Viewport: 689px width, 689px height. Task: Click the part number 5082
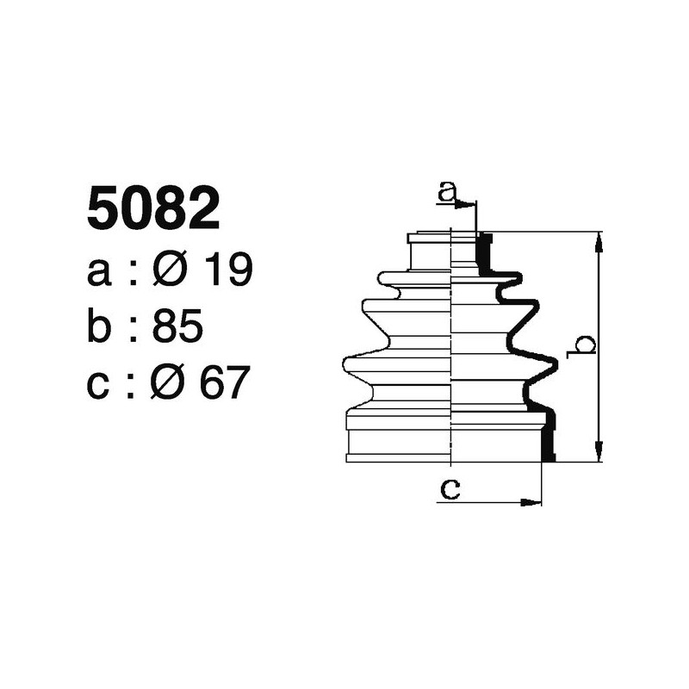pyautogui.click(x=153, y=210)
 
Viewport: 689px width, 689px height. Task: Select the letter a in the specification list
pyautogui.click(x=100, y=272)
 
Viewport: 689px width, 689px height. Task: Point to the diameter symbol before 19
pyautogui.click(x=170, y=271)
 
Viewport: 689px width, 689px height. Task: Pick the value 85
pyautogui.click(x=177, y=326)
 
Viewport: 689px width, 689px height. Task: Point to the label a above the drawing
pyautogui.click(x=446, y=192)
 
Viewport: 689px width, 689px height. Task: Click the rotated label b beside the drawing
pyautogui.click(x=585, y=345)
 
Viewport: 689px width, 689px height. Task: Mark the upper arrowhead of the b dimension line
pyautogui.click(x=599, y=239)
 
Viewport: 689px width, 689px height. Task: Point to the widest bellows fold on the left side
pyautogui.click(x=347, y=364)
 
